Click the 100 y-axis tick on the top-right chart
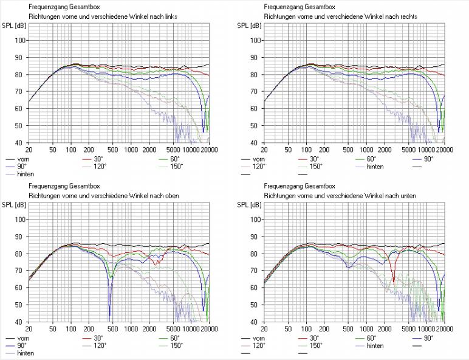(256, 40)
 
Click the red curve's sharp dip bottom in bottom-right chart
(394, 283)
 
